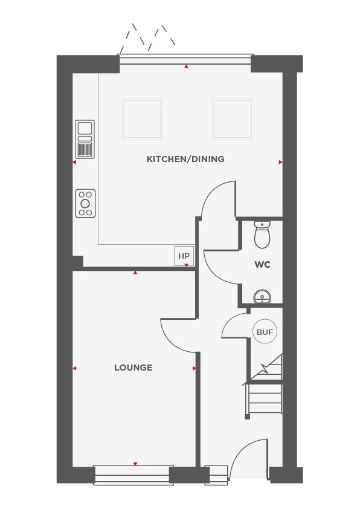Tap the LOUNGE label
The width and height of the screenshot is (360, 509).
(133, 368)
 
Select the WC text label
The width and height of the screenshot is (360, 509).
(262, 265)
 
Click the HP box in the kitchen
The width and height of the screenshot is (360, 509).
(184, 256)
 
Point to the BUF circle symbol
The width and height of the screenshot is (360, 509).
(265, 332)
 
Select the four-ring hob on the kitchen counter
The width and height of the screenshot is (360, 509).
(85, 203)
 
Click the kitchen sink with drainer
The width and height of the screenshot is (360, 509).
(85, 139)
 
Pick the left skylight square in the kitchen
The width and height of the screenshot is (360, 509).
(142, 118)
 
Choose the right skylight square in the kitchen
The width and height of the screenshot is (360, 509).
(233, 118)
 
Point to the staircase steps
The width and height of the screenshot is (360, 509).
(265, 399)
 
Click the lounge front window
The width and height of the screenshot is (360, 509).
(133, 473)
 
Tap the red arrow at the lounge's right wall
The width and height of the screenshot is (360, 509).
(194, 368)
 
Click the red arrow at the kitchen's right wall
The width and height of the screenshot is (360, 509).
(281, 162)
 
